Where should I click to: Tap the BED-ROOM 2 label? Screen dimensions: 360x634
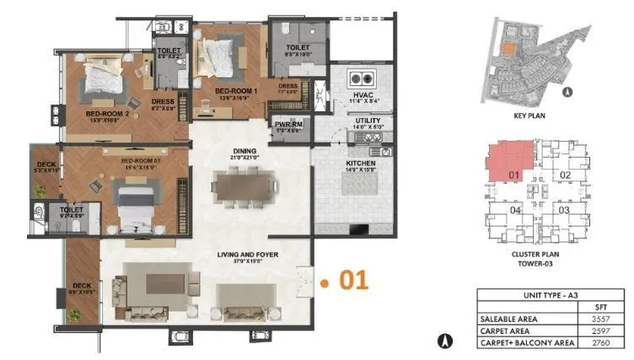(106, 111)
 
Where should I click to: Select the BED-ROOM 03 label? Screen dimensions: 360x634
(139, 159)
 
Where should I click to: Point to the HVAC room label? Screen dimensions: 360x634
(364, 96)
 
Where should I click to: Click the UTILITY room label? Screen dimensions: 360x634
(368, 121)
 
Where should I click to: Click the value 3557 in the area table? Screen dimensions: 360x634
(599, 320)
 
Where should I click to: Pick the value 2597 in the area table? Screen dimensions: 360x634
(599, 332)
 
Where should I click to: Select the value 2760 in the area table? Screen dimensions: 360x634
(599, 344)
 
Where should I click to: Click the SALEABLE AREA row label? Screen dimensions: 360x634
(508, 320)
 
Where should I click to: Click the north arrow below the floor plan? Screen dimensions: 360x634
(445, 341)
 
